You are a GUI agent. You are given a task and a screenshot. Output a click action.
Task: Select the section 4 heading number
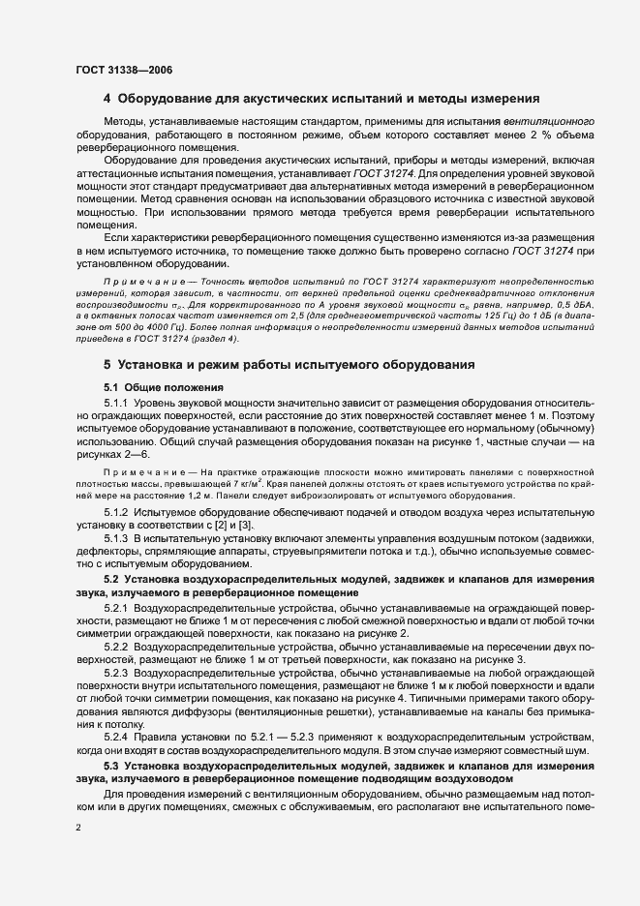[x=107, y=99]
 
